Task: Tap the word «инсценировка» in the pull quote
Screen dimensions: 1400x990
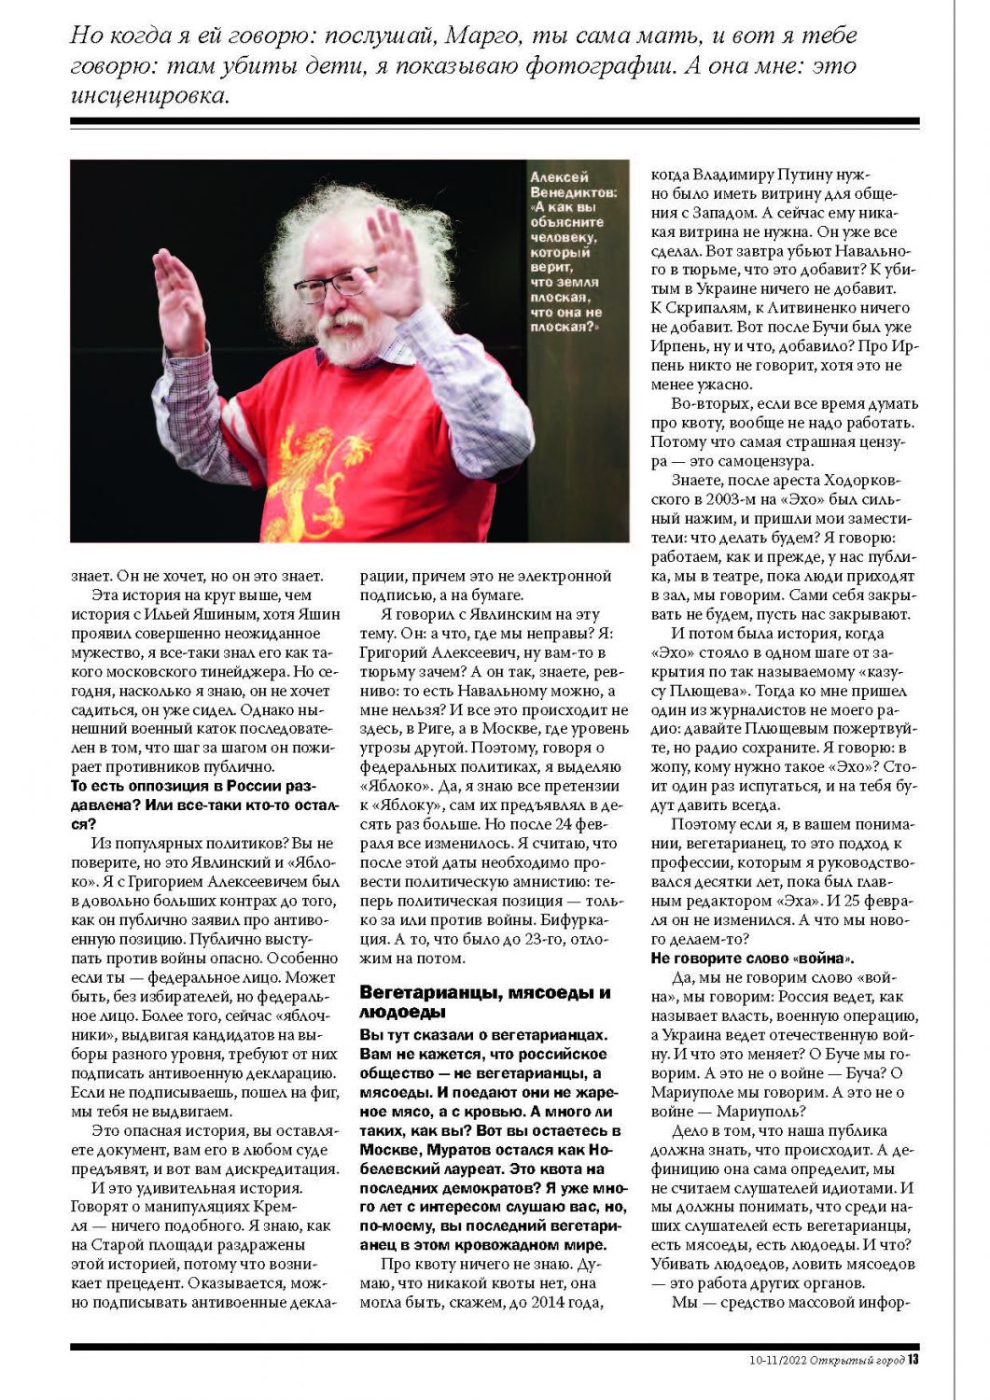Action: pyautogui.click(x=148, y=96)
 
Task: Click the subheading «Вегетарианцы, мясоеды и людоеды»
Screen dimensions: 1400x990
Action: pyautogui.click(x=484, y=1002)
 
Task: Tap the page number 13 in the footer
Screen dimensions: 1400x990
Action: pyautogui.click(x=913, y=1359)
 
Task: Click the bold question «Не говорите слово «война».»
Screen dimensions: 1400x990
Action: pyautogui.click(x=752, y=959)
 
